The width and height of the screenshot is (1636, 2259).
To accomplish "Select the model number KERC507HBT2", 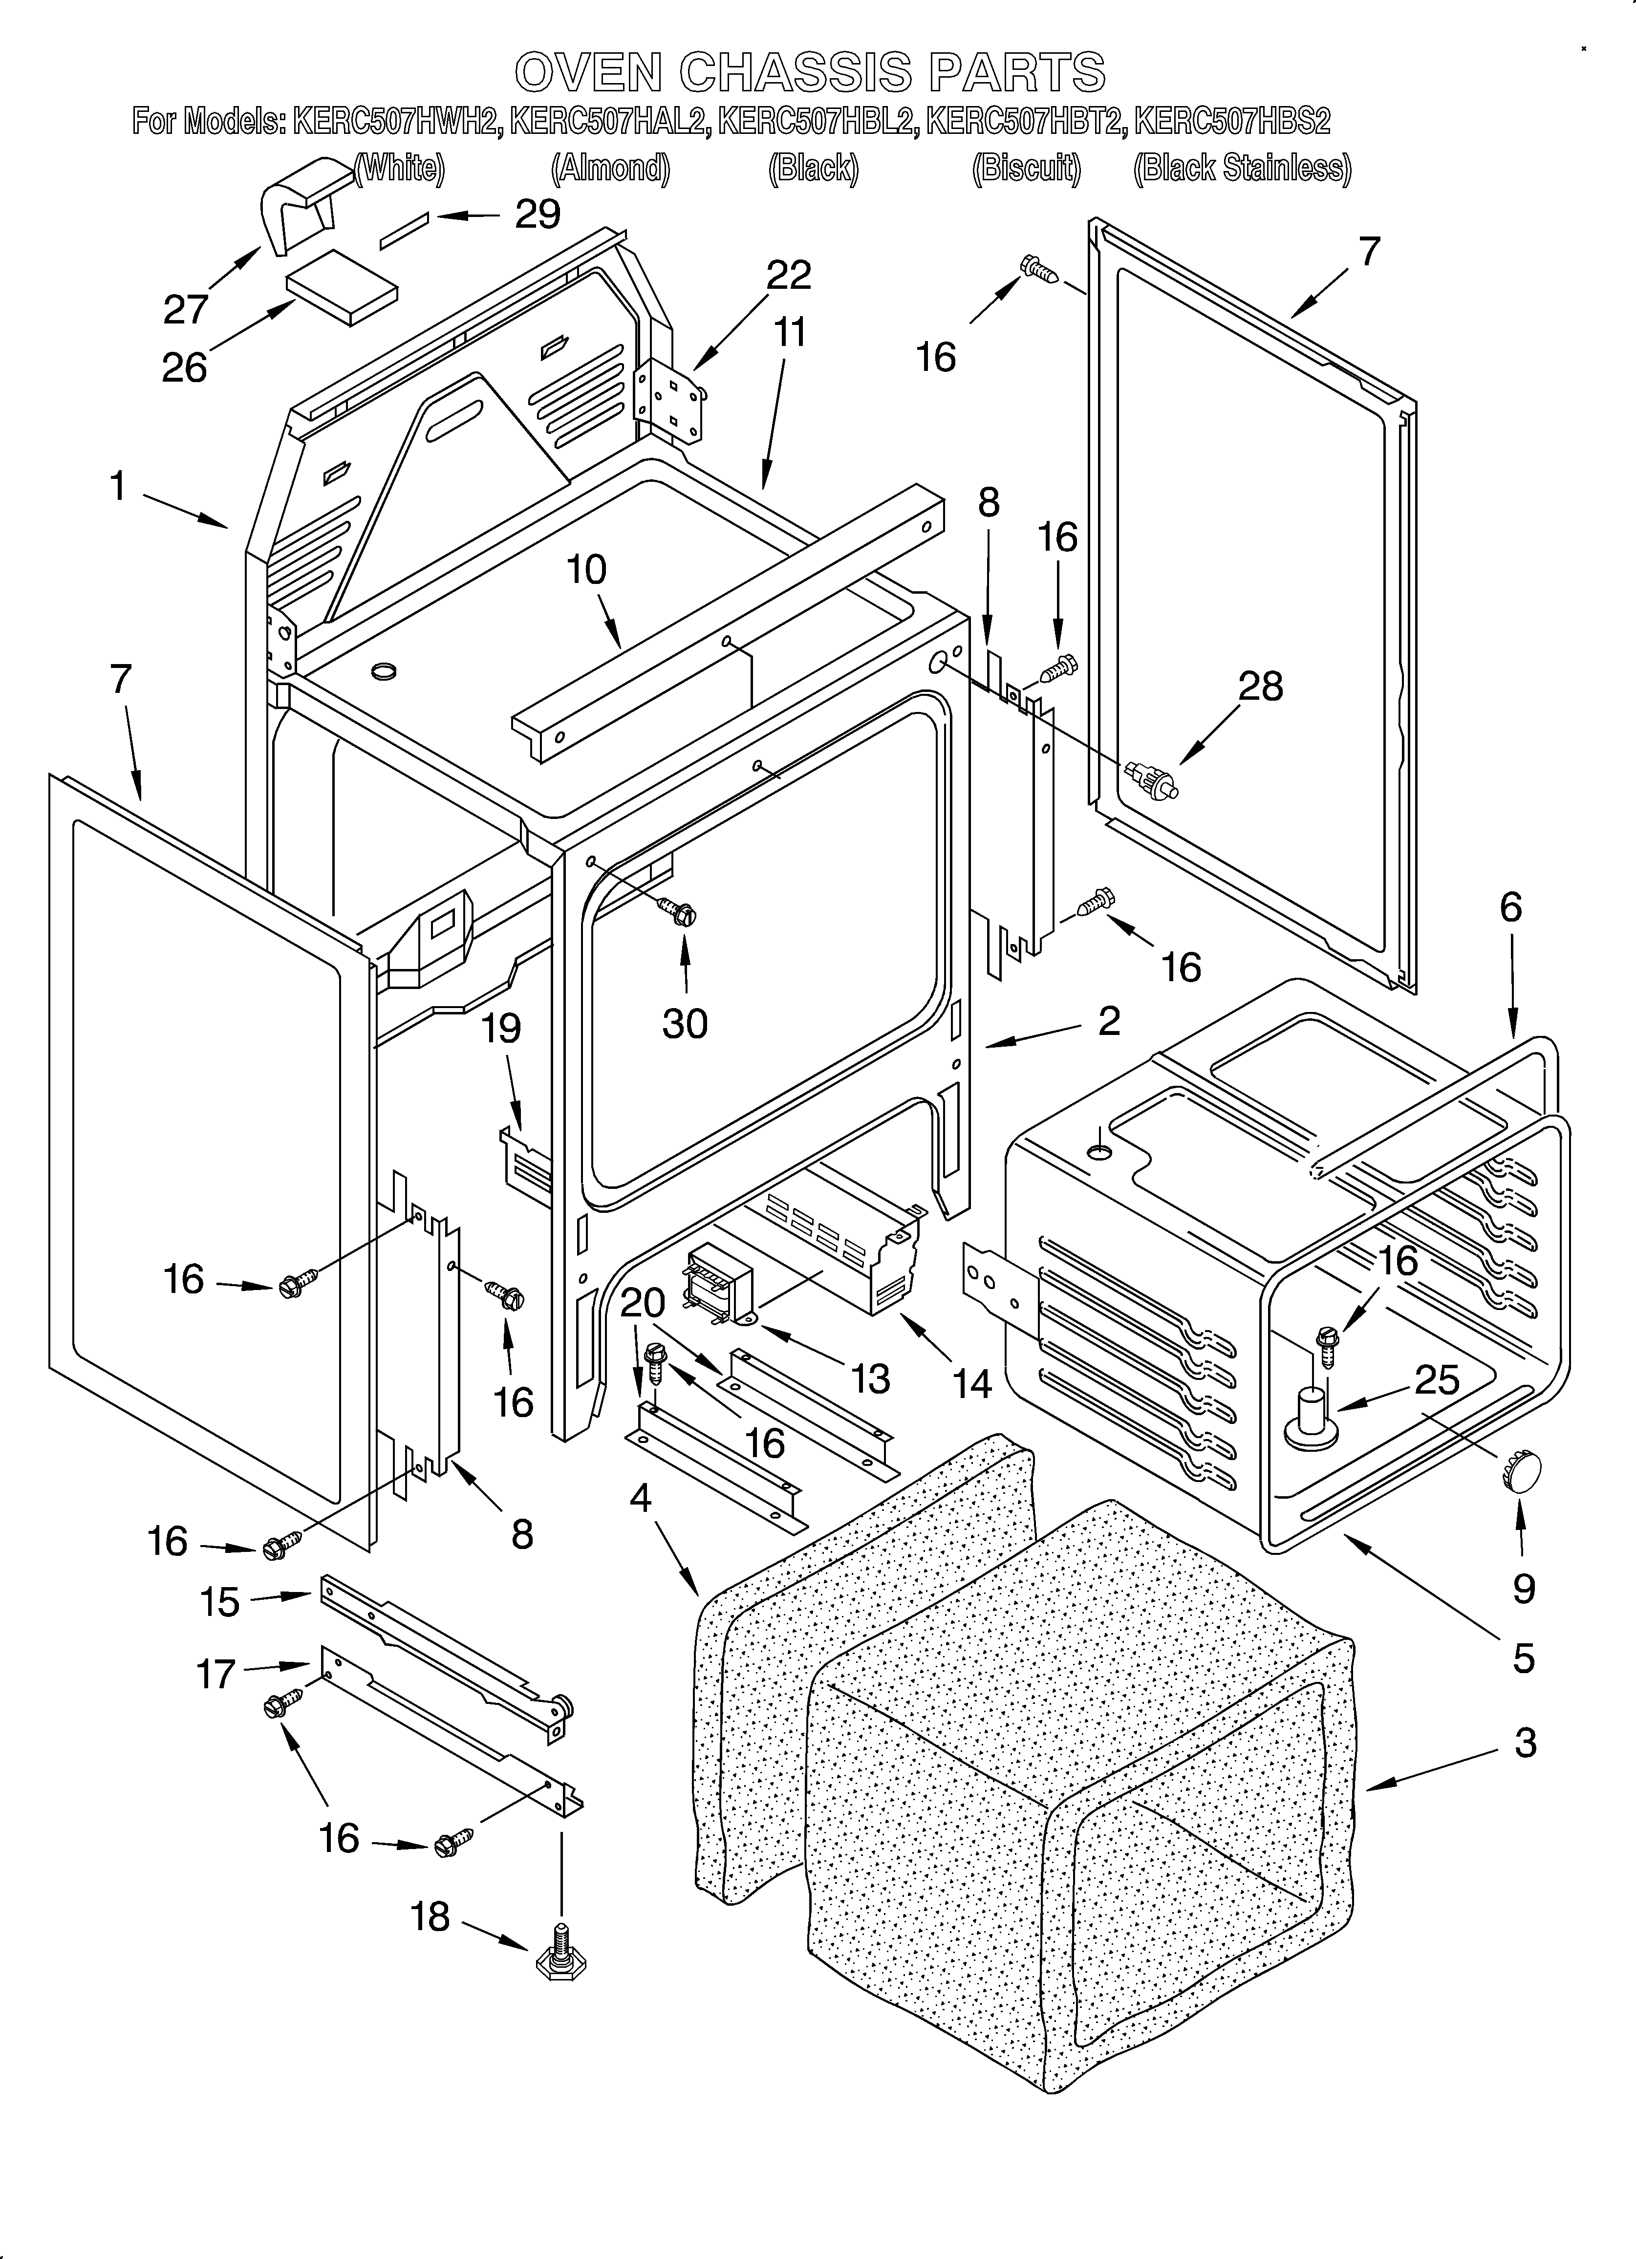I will point(1026,122).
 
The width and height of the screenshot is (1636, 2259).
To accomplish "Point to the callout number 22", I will point(788,275).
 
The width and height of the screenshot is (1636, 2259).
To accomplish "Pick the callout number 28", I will point(1260,686).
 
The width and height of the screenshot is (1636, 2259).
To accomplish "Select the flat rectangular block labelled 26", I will point(342,286).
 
